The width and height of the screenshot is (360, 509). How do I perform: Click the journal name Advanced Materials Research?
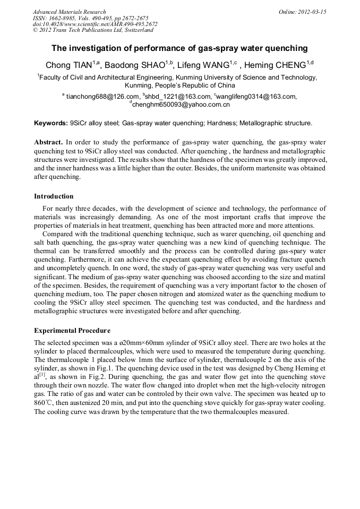pos(69,12)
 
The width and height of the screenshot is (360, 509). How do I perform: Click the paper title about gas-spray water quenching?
pos(179,48)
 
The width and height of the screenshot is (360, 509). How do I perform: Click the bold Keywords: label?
pos(50,123)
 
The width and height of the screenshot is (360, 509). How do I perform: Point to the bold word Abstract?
pos(49,143)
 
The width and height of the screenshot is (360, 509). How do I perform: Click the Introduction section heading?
pos(54,196)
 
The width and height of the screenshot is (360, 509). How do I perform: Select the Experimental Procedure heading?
pos(72,331)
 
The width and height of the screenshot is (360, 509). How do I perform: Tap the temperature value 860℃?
pos(43,403)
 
